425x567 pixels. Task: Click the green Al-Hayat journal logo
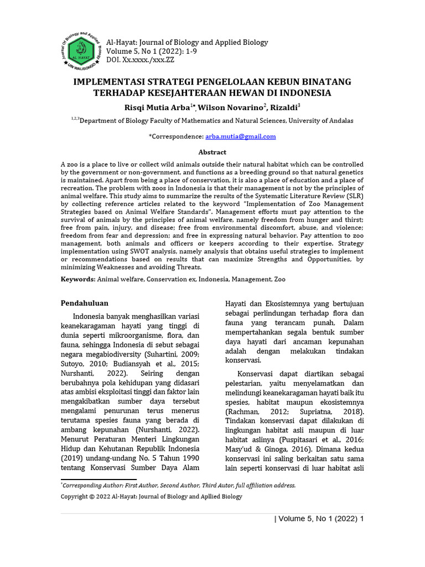(x=84, y=50)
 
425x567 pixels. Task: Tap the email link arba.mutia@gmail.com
(x=240, y=136)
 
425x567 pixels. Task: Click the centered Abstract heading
(x=212, y=152)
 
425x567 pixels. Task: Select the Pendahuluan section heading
(x=84, y=303)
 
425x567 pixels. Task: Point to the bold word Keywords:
(x=78, y=280)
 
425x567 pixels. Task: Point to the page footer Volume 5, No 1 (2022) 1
(x=319, y=519)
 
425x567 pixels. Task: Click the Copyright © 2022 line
(x=151, y=497)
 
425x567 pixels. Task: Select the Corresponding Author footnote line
(x=179, y=486)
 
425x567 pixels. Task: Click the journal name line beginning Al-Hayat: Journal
(x=187, y=43)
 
